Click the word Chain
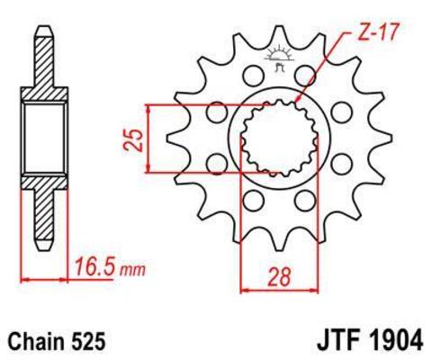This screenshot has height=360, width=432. [39, 341]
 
